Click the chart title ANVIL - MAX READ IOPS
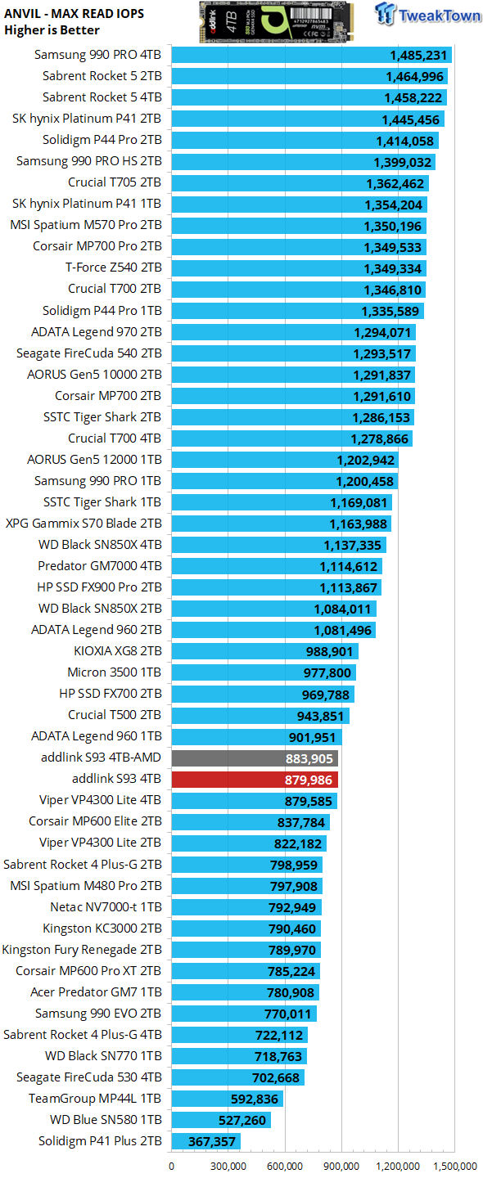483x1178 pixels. click(74, 13)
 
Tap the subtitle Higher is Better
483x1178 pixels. click(52, 30)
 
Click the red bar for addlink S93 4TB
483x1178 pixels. click(254, 779)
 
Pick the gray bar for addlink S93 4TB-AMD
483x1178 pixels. click(254, 758)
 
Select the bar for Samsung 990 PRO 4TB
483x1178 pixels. click(311, 55)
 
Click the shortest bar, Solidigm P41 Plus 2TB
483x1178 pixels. click(205, 1141)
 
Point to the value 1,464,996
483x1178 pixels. click(414, 76)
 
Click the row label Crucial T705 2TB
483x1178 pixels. click(115, 182)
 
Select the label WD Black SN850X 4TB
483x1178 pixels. click(100, 545)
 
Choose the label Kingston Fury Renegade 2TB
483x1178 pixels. click(82, 950)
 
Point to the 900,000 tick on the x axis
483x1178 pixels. click(341, 1166)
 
